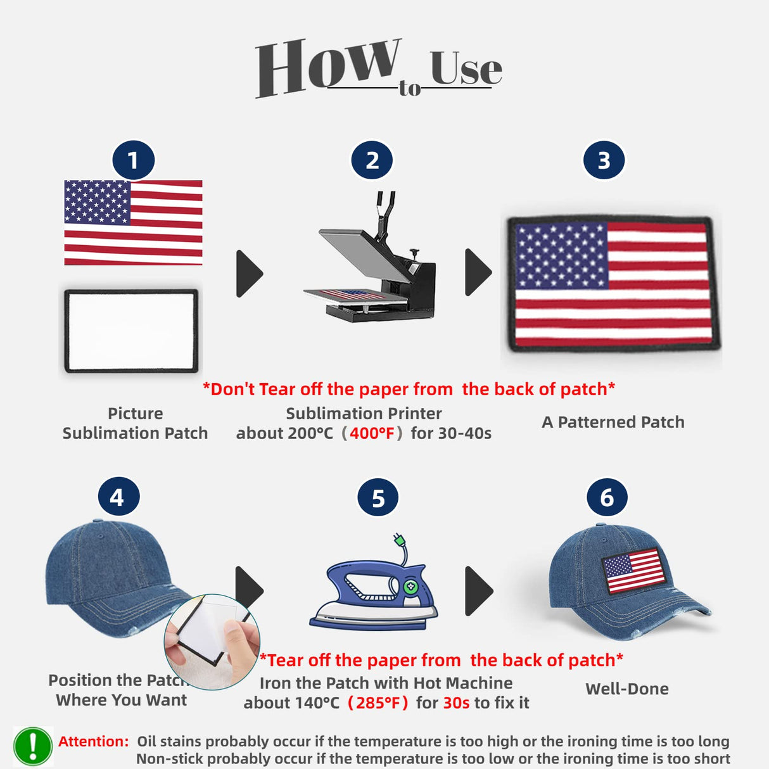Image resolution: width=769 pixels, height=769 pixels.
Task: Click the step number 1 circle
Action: [x=133, y=160]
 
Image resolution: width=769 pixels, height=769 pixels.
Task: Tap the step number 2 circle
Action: [x=372, y=160]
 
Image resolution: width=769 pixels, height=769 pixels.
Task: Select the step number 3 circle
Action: [x=604, y=160]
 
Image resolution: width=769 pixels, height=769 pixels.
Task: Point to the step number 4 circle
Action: [x=119, y=497]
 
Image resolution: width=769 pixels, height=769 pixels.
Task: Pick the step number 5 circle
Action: [x=378, y=498]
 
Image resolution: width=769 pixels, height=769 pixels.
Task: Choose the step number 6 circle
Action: [x=607, y=498]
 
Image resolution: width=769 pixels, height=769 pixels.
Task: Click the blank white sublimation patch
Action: [x=131, y=331]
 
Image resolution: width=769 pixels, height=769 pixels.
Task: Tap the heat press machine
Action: [x=369, y=257]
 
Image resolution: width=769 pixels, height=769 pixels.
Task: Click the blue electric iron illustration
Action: [x=374, y=583]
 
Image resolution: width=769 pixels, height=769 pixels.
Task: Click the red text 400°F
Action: [x=372, y=433]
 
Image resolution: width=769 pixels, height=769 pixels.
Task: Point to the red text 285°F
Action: [x=378, y=702]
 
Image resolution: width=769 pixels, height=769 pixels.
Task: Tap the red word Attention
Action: [x=93, y=742]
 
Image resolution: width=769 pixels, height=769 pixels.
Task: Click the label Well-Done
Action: [x=627, y=689]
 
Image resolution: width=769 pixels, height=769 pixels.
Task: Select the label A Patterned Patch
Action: [x=613, y=422]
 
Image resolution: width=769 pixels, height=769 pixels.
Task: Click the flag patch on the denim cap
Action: [x=633, y=570]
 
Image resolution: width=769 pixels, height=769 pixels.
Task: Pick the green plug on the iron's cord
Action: [x=399, y=540]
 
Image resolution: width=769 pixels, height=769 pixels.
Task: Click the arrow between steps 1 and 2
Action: [x=250, y=274]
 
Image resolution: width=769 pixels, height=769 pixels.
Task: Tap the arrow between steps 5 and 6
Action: [x=479, y=590]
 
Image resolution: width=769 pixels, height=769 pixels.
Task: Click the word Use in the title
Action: [x=466, y=68]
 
